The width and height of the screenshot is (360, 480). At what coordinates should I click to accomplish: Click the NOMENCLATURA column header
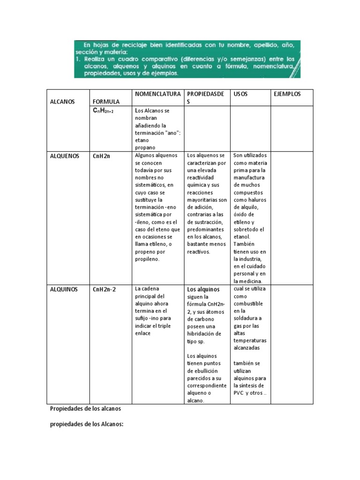(157, 94)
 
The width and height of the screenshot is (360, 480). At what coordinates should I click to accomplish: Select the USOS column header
(240, 94)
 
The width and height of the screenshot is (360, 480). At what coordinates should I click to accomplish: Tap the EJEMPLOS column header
(287, 94)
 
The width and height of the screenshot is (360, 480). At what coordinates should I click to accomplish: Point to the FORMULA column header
(106, 101)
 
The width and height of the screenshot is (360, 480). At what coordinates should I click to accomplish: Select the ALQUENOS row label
(64, 156)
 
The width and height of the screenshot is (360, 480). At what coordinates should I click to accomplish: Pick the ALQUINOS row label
(64, 289)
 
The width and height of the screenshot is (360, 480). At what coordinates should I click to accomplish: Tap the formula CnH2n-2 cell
(104, 289)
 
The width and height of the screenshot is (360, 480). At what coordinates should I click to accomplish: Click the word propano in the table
(145, 147)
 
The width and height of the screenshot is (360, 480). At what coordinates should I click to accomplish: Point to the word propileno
(147, 259)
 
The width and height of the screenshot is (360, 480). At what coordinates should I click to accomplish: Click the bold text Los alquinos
(203, 290)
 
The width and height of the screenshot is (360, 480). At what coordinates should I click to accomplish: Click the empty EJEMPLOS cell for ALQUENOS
(292, 217)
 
